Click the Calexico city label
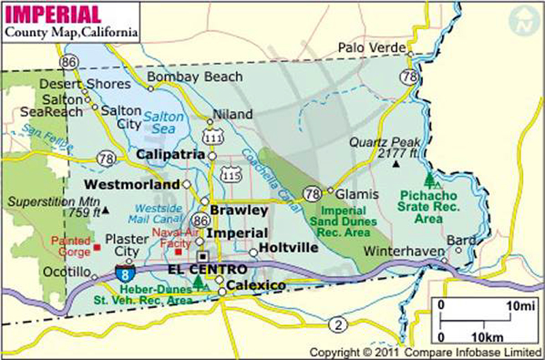pos(255,285)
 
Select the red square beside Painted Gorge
pos(97,247)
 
